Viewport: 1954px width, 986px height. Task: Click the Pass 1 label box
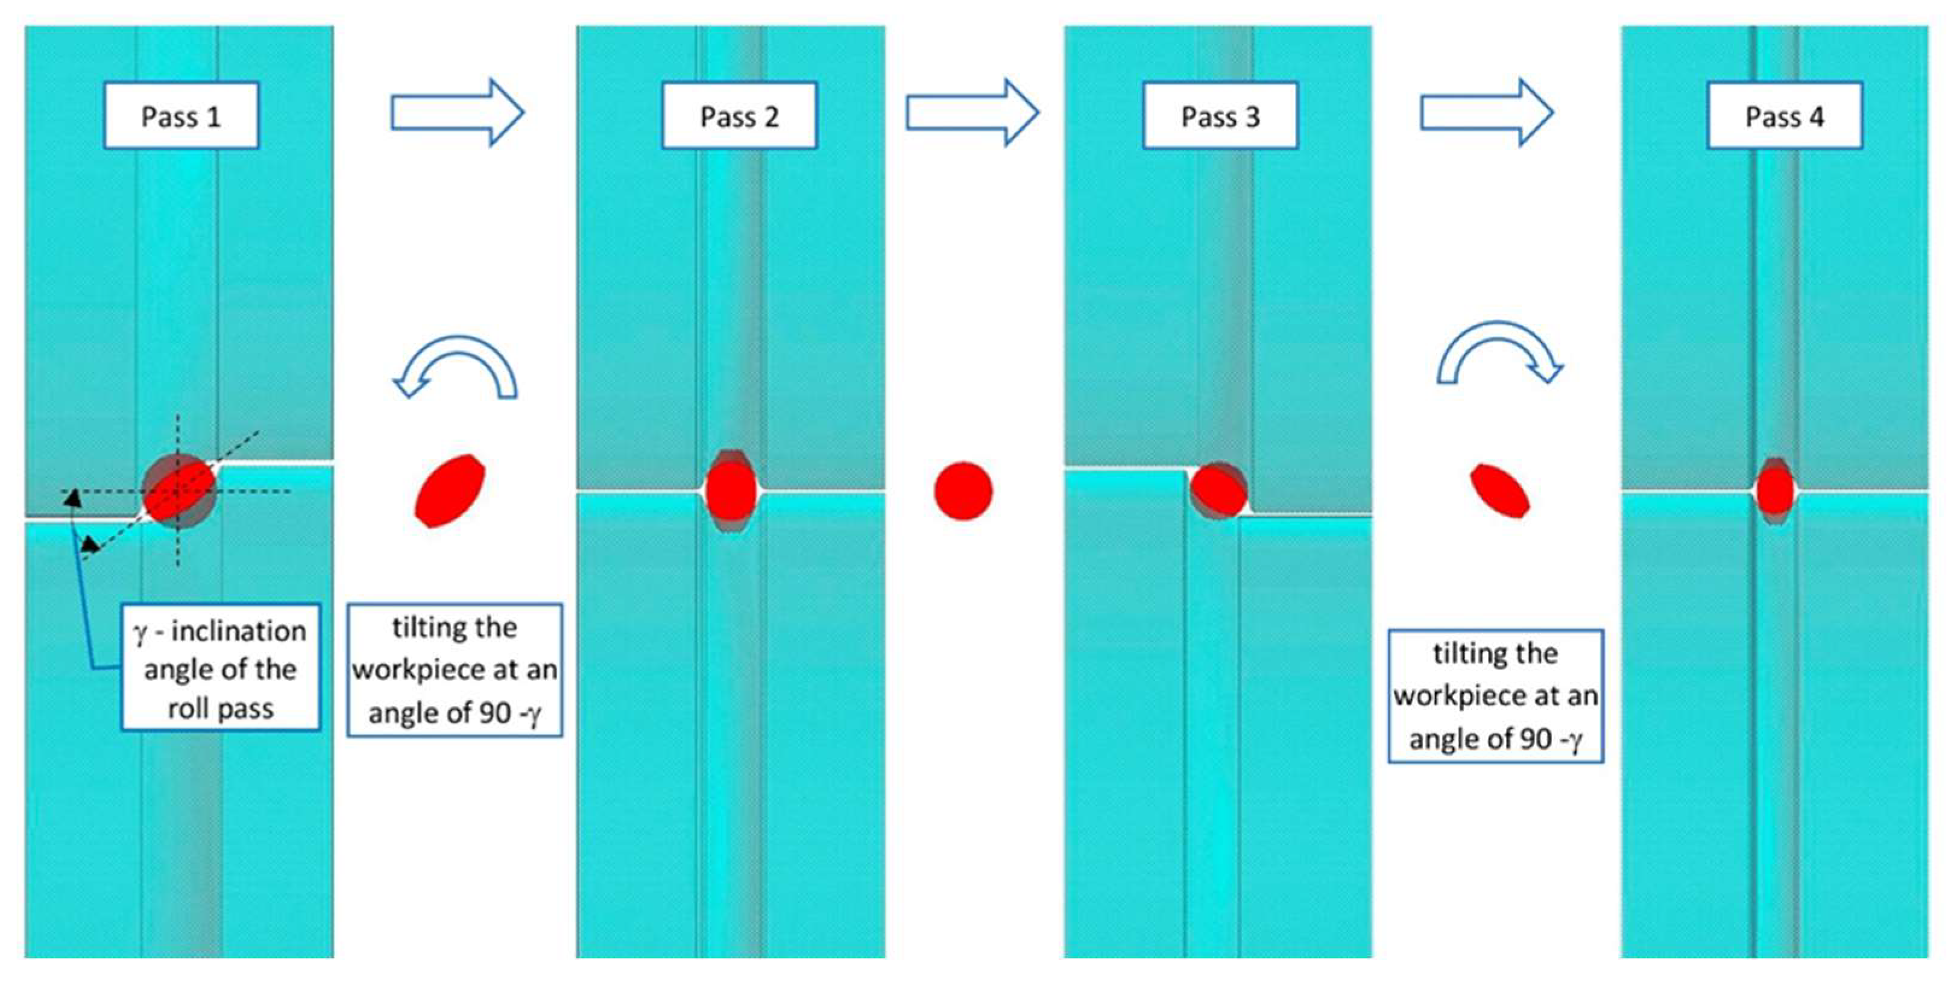[181, 115]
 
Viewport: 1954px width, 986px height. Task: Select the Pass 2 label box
[740, 115]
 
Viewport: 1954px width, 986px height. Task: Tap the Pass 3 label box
[1220, 115]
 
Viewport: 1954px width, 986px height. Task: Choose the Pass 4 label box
[1785, 115]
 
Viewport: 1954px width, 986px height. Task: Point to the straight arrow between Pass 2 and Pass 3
[972, 112]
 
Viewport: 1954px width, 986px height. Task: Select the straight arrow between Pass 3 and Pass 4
[1487, 112]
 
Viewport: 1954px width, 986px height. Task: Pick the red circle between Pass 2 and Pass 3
[963, 491]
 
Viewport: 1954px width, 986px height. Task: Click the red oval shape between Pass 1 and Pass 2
[450, 491]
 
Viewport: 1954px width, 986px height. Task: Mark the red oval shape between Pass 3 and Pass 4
[1499, 491]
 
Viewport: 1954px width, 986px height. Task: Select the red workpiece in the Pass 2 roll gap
[731, 491]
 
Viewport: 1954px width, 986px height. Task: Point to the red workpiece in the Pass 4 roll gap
[1776, 491]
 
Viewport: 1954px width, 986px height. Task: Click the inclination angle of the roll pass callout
[221, 668]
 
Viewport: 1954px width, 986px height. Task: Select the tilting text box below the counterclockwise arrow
[455, 670]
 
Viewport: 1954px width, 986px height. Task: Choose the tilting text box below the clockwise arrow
[1496, 695]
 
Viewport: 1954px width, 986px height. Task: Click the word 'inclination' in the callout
[238, 630]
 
